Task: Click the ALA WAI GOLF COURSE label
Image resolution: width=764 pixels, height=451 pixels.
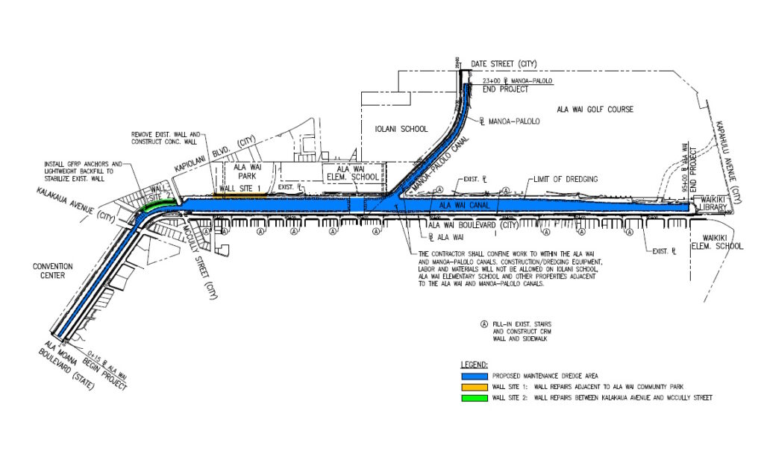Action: (595, 110)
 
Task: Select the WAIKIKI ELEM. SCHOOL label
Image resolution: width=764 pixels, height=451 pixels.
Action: (709, 241)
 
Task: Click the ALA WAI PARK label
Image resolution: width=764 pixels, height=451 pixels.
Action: (245, 174)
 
